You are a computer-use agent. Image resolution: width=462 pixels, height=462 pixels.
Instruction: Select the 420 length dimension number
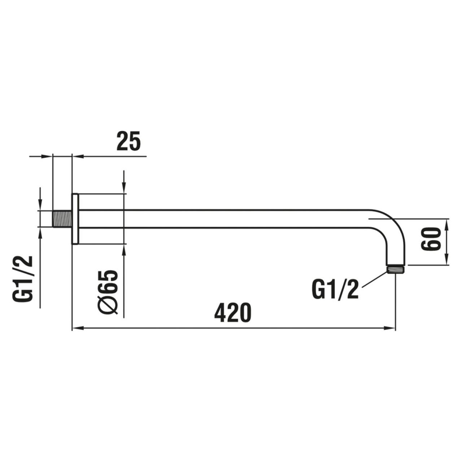(232, 313)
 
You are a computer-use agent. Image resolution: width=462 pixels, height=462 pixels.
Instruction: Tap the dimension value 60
(431, 239)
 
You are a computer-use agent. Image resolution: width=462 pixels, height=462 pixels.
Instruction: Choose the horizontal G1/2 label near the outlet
(335, 289)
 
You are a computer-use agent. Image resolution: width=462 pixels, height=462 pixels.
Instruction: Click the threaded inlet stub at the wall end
(62, 219)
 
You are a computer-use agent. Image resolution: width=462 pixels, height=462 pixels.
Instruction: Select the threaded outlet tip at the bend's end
(396, 269)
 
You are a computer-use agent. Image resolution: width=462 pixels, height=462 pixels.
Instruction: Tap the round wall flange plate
(75, 219)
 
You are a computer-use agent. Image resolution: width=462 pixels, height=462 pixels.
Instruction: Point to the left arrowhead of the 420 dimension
(77, 328)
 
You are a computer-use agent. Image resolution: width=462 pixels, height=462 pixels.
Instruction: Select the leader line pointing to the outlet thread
(374, 279)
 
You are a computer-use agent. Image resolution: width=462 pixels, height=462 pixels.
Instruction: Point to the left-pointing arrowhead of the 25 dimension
(77, 156)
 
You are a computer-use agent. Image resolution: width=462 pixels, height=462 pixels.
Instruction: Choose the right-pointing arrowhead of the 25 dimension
(48, 156)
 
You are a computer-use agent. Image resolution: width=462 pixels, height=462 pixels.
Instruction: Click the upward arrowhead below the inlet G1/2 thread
(40, 232)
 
